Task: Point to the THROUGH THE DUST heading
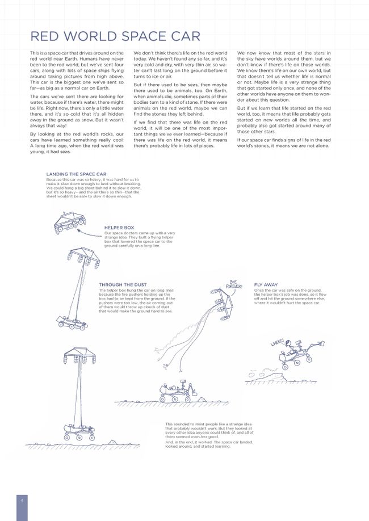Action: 122,284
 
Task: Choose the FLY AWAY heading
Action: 266,284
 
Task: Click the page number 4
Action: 22,499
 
